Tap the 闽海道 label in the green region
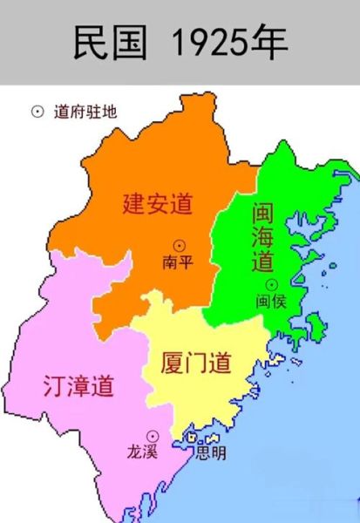(264, 238)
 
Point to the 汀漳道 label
(79, 386)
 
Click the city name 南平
(178, 261)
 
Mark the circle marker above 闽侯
(271, 284)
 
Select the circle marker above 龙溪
(152, 435)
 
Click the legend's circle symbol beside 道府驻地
(37, 112)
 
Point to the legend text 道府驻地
(85, 112)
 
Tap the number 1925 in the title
(211, 42)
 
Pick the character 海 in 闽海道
(264, 238)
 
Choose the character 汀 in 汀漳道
(55, 386)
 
